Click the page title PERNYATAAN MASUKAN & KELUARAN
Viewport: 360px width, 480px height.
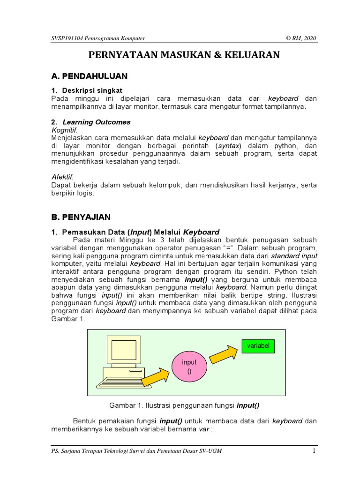tap(184, 55)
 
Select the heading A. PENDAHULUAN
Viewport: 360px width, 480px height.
tap(89, 76)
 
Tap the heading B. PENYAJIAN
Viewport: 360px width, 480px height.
tap(81, 217)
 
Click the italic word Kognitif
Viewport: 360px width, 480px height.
tap(64, 130)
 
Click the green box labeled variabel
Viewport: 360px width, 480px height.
tap(258, 346)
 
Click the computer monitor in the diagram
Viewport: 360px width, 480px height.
tap(124, 351)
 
